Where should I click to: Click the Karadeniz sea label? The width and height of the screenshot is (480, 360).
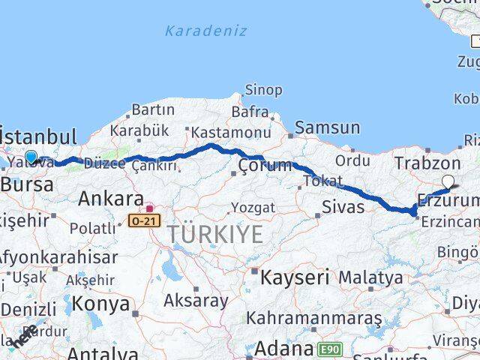coord(195,31)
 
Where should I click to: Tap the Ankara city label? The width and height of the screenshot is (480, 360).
coord(111,199)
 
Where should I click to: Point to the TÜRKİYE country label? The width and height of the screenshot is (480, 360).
coord(215,234)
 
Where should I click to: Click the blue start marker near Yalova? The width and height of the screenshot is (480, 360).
coord(31,157)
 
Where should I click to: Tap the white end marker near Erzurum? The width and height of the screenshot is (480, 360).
coord(448,180)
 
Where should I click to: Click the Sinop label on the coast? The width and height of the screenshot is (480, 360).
coord(263,90)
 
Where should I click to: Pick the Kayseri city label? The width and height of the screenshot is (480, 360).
coord(295,277)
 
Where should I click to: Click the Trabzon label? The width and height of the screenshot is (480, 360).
coord(427,163)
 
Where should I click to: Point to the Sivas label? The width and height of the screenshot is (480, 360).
coord(343,206)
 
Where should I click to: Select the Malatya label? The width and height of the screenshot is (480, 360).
coord(370,277)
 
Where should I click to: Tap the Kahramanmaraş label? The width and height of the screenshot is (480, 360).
coord(314,318)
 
